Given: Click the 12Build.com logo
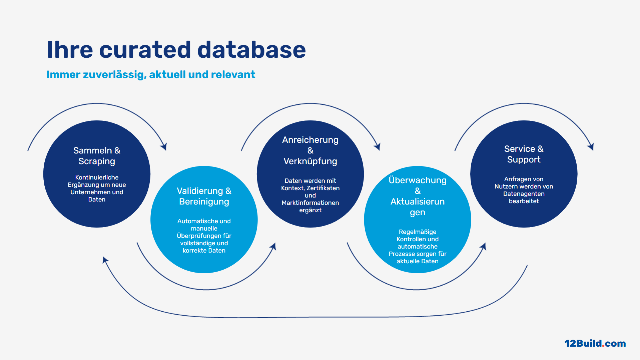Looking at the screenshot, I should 595,343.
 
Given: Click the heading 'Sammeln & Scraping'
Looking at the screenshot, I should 97,156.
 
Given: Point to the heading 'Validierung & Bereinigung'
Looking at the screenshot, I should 204,196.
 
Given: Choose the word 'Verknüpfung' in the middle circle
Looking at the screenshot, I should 310,161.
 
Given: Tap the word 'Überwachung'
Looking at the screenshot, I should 418,180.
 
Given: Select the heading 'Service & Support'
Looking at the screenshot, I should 524,154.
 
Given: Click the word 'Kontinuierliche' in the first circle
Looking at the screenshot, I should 97,177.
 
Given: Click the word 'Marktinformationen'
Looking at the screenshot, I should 310,203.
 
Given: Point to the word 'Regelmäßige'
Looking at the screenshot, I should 418,232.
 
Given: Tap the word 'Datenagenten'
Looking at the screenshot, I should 524,194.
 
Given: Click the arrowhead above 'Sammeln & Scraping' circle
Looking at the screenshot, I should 164,146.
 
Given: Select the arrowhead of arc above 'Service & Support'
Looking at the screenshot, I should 591,146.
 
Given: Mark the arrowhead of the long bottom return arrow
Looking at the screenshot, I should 105,260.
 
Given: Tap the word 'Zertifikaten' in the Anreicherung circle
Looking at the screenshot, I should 323,188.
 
